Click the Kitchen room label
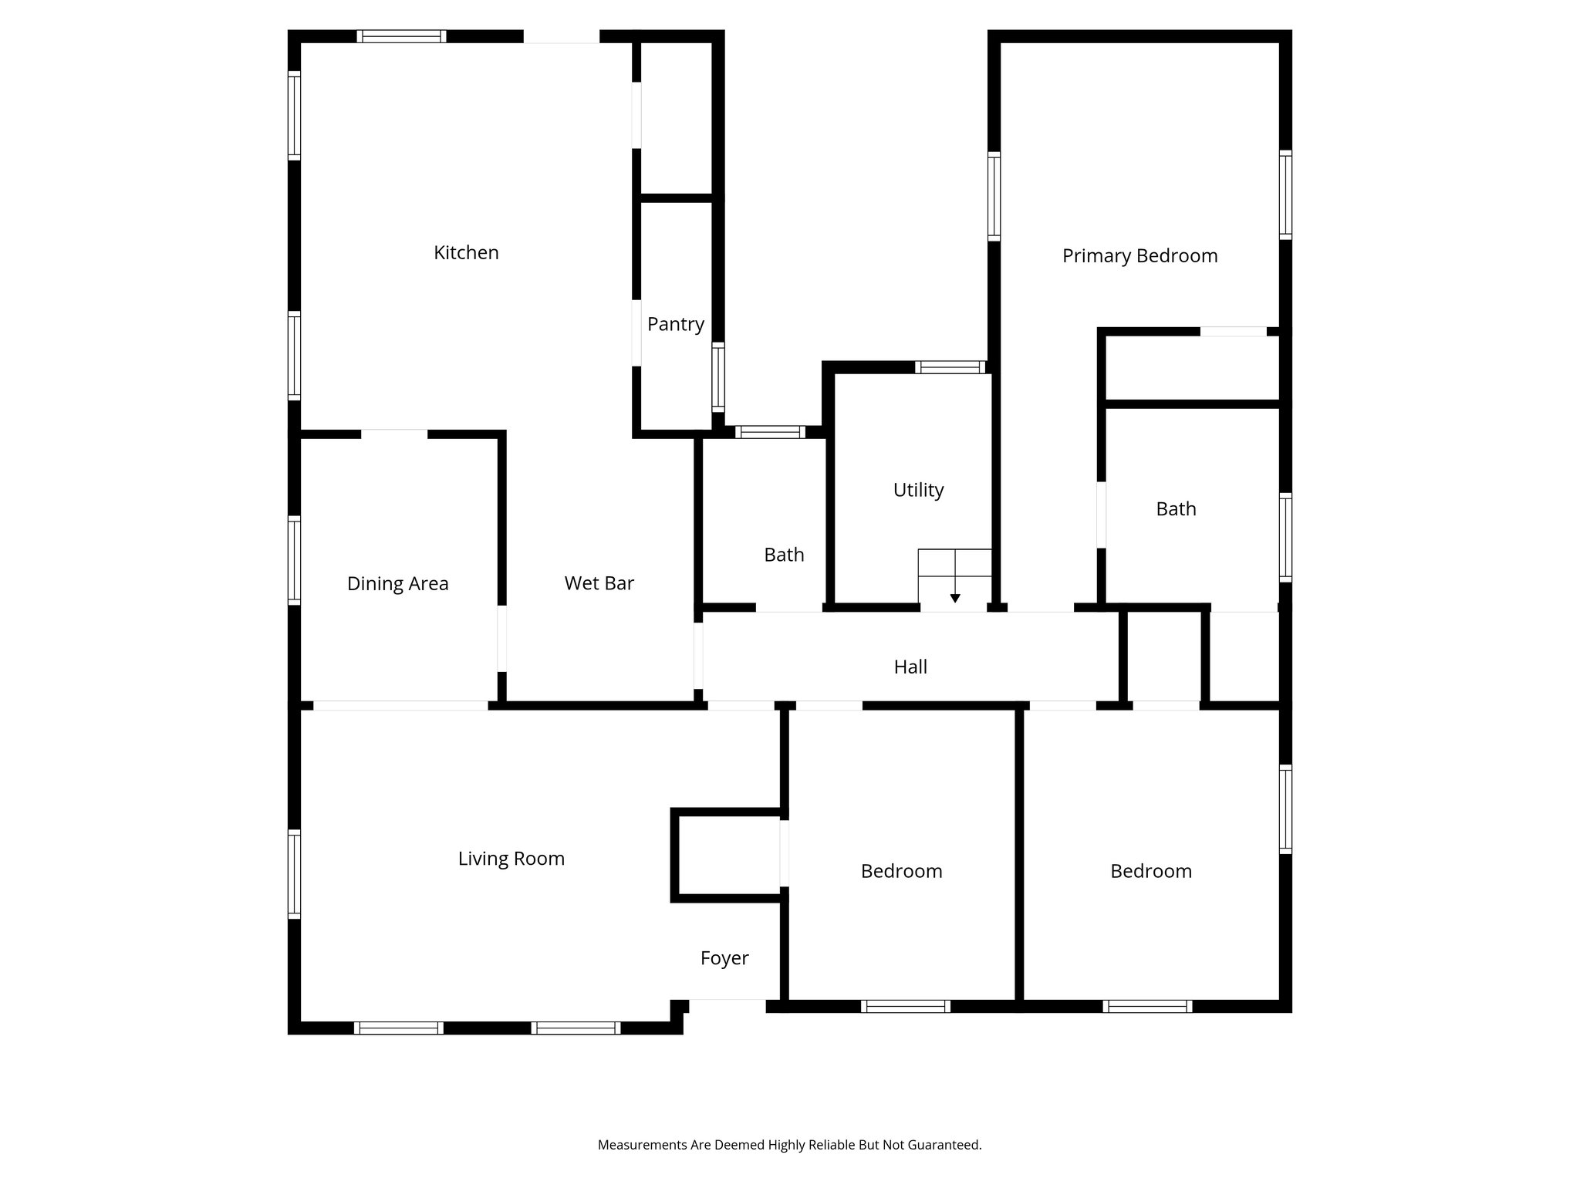466,252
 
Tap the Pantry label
675,324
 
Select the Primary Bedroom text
1139,256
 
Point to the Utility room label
918,490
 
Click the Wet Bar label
599,583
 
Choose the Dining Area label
397,584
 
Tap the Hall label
910,667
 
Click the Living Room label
511,859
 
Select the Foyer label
724,958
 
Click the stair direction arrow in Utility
955,597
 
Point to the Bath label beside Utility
784,555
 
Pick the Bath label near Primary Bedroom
1176,509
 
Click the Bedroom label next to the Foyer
901,871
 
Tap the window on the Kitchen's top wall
401,36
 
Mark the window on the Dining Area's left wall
294,560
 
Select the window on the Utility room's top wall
950,367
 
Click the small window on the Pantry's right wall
718,377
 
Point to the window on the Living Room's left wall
294,874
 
